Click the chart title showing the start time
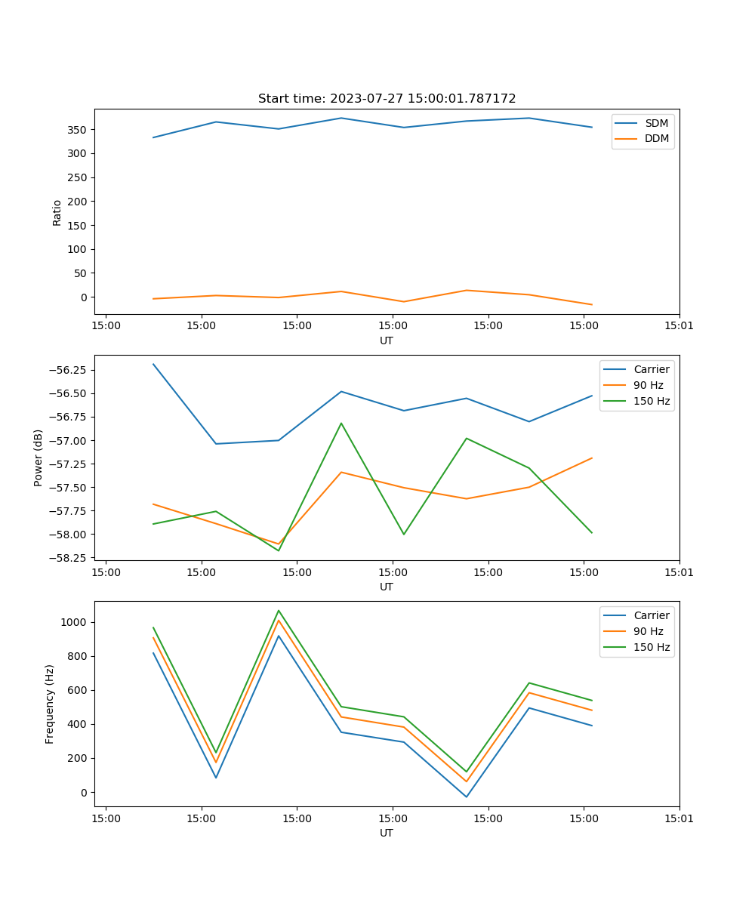[x=387, y=99]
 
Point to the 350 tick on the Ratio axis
[x=79, y=130]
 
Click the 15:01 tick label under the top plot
[x=679, y=326]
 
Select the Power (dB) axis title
[x=39, y=458]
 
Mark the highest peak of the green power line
[x=341, y=423]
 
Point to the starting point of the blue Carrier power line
[x=153, y=364]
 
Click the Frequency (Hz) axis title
[x=50, y=704]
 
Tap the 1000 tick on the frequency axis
[x=75, y=622]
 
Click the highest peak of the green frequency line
[x=279, y=610]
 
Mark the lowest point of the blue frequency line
[x=467, y=797]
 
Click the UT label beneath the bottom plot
[x=387, y=833]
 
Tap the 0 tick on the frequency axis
[x=84, y=792]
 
